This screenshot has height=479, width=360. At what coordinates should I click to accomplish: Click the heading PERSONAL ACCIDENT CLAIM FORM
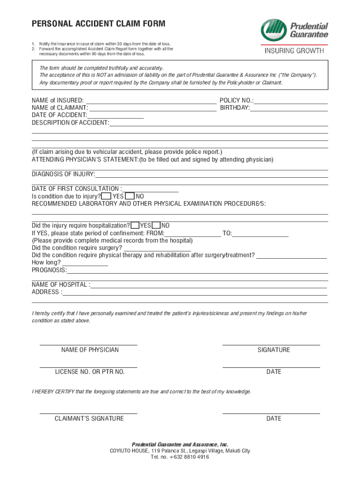(98, 24)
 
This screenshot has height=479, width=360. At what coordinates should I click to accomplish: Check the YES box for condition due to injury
(106, 196)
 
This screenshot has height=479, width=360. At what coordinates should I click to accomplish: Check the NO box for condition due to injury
(130, 196)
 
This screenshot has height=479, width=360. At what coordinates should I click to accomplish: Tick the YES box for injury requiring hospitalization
(135, 225)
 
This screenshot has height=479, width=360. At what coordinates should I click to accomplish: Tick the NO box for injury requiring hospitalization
(157, 225)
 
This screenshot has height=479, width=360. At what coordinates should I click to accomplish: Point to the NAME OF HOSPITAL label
(61, 285)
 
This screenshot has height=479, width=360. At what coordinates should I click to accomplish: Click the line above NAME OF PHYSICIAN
(88, 344)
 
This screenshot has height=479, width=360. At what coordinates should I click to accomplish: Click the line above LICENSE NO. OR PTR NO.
(88, 367)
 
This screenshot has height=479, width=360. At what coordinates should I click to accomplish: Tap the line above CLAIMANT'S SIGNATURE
(88, 413)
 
